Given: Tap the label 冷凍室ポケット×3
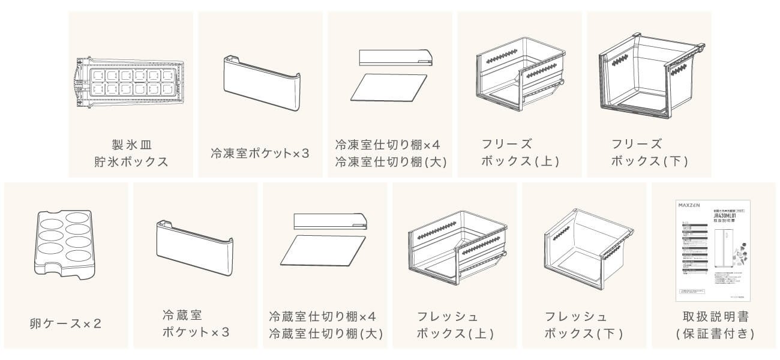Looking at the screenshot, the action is (x=260, y=153).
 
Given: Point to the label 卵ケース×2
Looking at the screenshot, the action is (x=65, y=323).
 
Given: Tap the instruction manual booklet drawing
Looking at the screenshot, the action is (x=711, y=250).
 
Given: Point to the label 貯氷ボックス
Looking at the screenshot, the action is (x=131, y=161).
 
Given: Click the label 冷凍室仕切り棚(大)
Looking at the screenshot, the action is (x=391, y=161).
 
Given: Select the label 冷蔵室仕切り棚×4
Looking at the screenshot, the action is (x=323, y=316).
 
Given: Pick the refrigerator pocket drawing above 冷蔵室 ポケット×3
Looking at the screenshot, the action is (x=194, y=247).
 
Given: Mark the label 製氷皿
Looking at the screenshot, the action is (x=130, y=145).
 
